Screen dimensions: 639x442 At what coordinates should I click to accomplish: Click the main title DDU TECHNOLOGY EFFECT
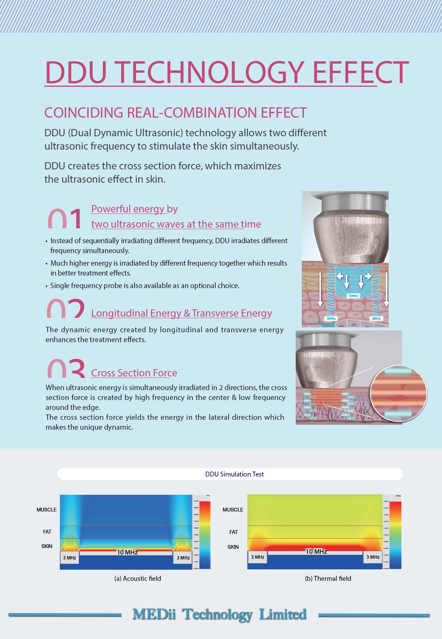click(x=227, y=72)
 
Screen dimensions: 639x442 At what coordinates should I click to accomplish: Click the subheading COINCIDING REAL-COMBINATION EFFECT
click(x=175, y=113)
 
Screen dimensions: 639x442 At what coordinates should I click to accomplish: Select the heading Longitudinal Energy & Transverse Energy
click(x=181, y=313)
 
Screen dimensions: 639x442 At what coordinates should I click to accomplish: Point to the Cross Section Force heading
click(x=134, y=373)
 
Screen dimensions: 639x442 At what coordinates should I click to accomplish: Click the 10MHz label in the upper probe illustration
click(x=353, y=296)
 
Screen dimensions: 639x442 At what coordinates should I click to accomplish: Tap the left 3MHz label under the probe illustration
click(x=331, y=319)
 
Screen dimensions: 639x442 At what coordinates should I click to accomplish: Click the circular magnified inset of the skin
click(x=399, y=394)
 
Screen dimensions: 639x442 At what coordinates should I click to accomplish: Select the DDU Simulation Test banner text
click(x=234, y=474)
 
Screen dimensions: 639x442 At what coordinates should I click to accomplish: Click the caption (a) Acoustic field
click(x=138, y=578)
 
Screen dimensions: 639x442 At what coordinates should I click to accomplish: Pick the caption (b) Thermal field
click(x=328, y=578)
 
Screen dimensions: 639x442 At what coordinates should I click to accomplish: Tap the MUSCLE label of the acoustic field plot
click(x=46, y=510)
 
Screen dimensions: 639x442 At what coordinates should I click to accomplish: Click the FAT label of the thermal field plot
click(x=234, y=532)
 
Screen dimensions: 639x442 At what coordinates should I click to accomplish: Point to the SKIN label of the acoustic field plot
click(x=47, y=546)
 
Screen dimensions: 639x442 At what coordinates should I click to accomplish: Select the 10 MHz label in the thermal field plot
click(x=316, y=551)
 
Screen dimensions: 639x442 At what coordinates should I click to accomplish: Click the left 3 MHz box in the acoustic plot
click(x=69, y=558)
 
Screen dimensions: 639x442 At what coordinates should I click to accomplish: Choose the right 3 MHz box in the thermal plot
click(x=373, y=557)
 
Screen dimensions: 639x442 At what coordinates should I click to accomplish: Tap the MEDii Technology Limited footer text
click(x=219, y=614)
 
